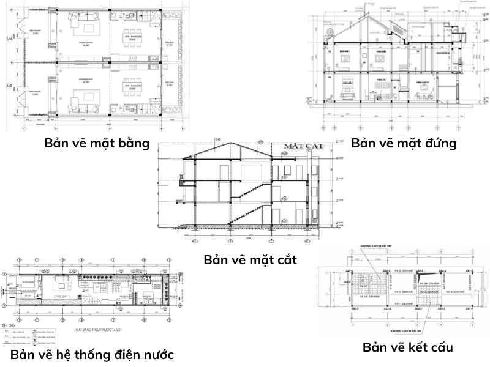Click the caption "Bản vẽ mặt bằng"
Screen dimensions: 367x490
coord(97,144)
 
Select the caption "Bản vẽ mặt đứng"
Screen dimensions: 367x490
coord(404,144)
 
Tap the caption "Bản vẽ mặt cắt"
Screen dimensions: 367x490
coord(251,259)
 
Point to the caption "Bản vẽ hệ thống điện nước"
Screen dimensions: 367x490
coord(92,355)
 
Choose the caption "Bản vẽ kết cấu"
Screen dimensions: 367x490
coord(408,347)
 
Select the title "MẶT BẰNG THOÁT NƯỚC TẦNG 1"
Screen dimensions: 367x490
coord(98,330)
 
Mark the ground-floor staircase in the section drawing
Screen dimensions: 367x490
coord(245,215)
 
